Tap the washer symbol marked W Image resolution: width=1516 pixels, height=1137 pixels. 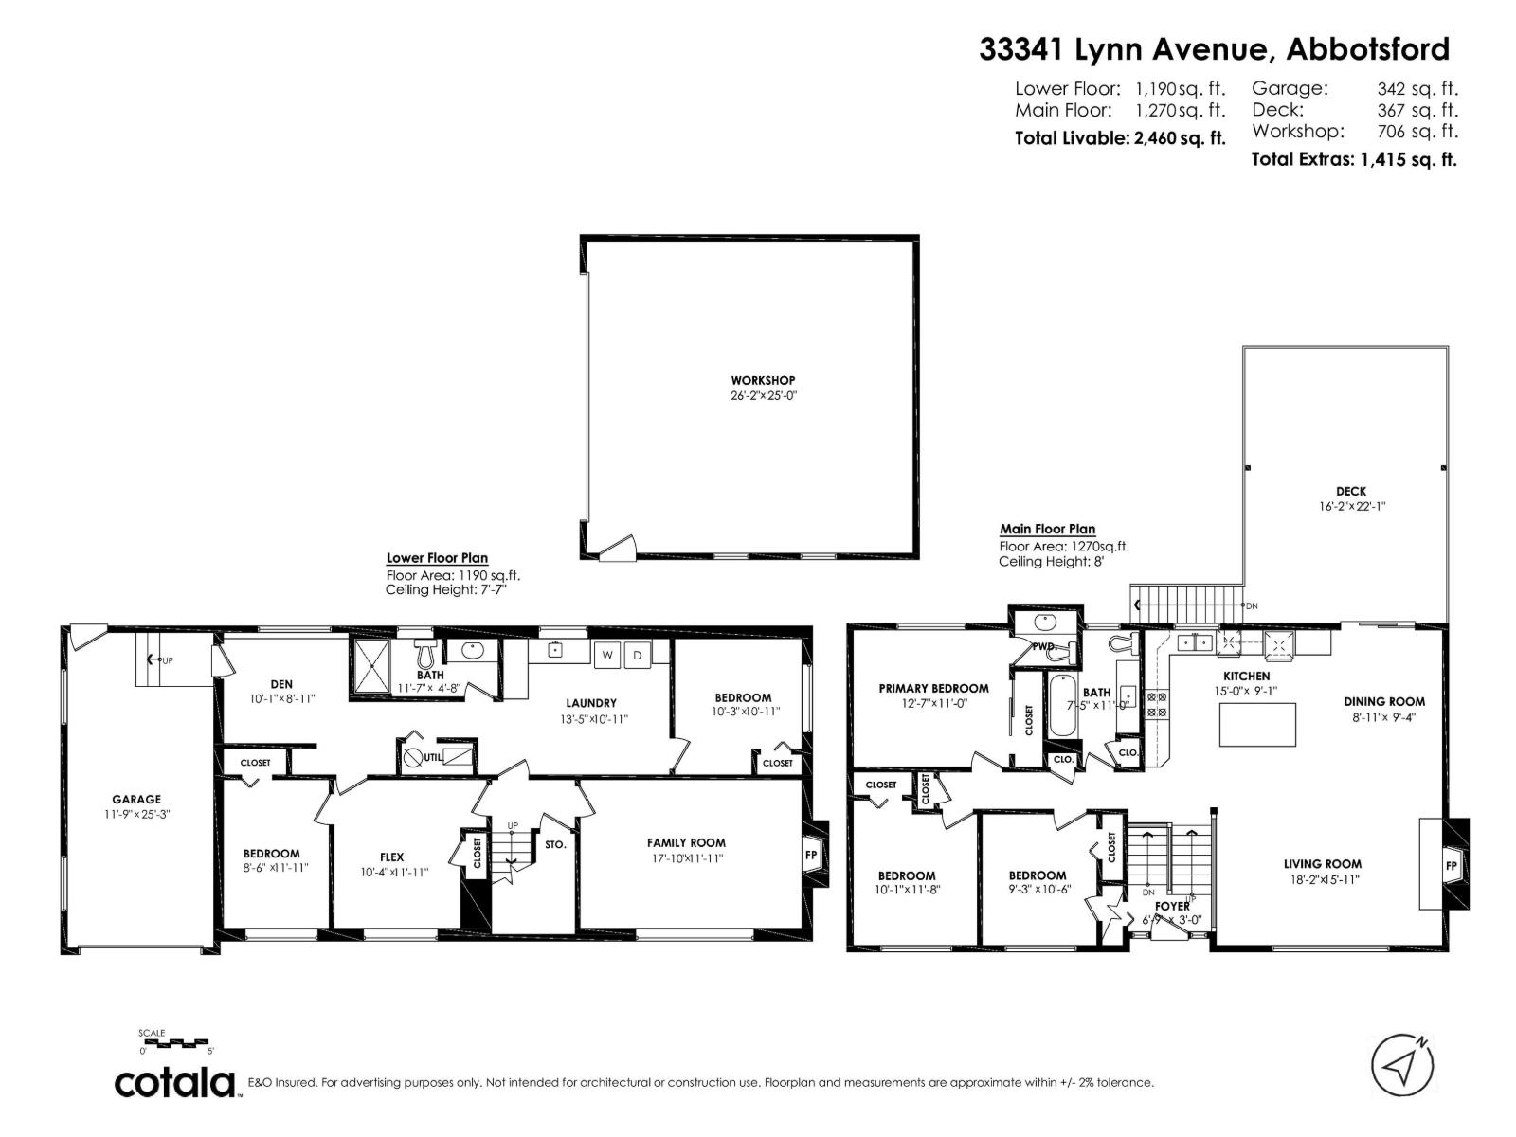[606, 655]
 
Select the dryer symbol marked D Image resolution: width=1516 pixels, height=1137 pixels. [638, 655]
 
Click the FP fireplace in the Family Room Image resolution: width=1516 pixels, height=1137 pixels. [812, 855]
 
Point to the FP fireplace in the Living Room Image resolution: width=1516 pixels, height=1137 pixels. [1451, 865]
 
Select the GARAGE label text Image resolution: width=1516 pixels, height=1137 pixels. [137, 799]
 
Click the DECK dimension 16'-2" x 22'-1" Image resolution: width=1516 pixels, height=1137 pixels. [1351, 506]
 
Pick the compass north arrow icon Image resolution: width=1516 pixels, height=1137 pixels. [1400, 1065]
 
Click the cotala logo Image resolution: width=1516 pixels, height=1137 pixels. [175, 1083]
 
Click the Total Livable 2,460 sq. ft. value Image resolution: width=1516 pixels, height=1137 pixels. [1179, 138]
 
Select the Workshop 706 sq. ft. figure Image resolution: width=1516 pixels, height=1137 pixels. [1417, 132]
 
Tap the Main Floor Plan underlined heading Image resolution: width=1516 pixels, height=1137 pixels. [1047, 530]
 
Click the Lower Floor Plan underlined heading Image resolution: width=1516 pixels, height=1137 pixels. [437, 558]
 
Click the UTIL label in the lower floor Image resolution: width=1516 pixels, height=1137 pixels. [432, 757]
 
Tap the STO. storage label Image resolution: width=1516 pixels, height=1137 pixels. [555, 844]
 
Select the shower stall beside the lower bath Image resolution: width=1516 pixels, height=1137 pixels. [370, 667]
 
